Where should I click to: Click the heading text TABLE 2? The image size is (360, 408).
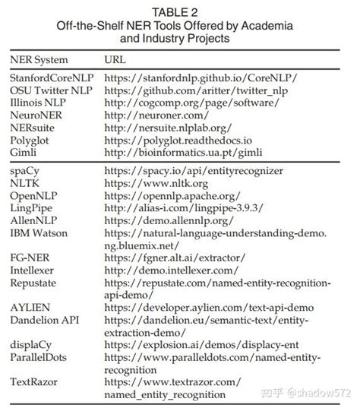(x=179, y=11)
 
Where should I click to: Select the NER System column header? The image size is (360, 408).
(x=39, y=59)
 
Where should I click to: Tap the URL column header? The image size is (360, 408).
(x=117, y=59)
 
